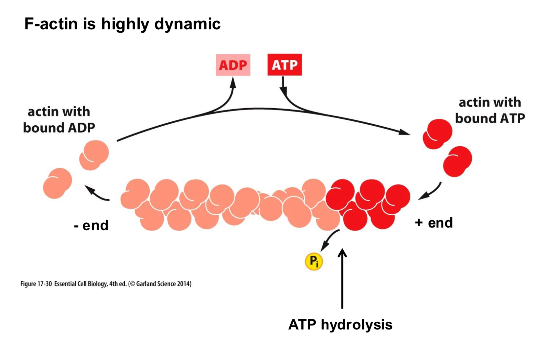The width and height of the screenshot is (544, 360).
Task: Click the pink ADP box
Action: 233,65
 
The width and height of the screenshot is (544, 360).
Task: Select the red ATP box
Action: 284,65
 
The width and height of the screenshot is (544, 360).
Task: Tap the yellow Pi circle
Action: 314,261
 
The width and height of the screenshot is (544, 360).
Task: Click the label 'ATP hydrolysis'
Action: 340,325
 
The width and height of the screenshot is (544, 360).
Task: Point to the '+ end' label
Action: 434,223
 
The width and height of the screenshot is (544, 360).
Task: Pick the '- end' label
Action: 91,225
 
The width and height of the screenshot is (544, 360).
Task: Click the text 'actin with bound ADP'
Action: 59,119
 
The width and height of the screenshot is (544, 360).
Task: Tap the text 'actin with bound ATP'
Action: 490,110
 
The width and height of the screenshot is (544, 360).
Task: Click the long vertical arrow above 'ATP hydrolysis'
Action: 342,279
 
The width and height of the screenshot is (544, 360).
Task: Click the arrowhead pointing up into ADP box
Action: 233,82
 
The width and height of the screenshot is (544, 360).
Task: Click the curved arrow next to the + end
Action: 431,192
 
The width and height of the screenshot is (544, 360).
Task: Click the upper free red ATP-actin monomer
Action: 437,134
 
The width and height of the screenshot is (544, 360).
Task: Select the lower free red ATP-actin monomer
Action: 457,161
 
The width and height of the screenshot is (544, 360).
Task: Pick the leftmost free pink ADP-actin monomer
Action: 57,183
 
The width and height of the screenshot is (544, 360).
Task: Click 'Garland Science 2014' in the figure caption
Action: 163,284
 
